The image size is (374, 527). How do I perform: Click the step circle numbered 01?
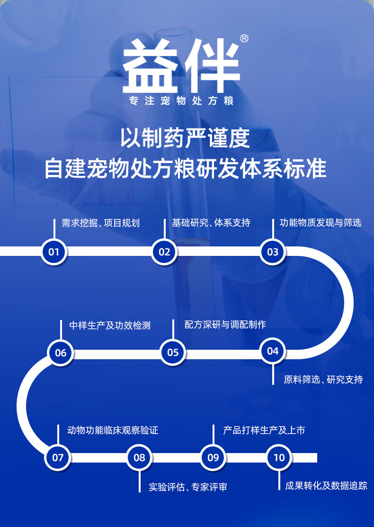pyautogui.click(x=54, y=252)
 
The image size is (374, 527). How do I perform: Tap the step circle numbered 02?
pyautogui.click(x=164, y=252)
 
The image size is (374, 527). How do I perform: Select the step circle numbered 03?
pyautogui.click(x=273, y=252)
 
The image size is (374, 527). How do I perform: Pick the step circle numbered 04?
pyautogui.click(x=273, y=351)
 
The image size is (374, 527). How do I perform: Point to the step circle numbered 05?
pyautogui.click(x=173, y=352)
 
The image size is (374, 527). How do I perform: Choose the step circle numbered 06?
pyautogui.click(x=61, y=353)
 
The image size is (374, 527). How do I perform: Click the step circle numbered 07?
pyautogui.click(x=58, y=457)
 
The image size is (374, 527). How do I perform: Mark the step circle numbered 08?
pyautogui.click(x=139, y=457)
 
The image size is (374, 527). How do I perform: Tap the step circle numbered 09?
pyautogui.click(x=213, y=457)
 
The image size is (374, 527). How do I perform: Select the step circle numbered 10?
pyautogui.click(x=279, y=457)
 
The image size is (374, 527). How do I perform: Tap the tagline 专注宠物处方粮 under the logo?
pyautogui.click(x=182, y=101)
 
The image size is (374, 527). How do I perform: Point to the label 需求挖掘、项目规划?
pyautogui.click(x=101, y=223)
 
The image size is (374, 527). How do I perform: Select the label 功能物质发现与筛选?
pyautogui.click(x=321, y=222)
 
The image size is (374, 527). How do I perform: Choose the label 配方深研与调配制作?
pyautogui.click(x=225, y=325)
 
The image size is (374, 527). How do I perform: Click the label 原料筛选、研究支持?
pyautogui.click(x=323, y=379)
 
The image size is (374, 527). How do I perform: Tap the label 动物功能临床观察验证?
pyautogui.click(x=113, y=430)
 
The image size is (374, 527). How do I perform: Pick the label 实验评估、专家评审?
pyautogui.click(x=188, y=487)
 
